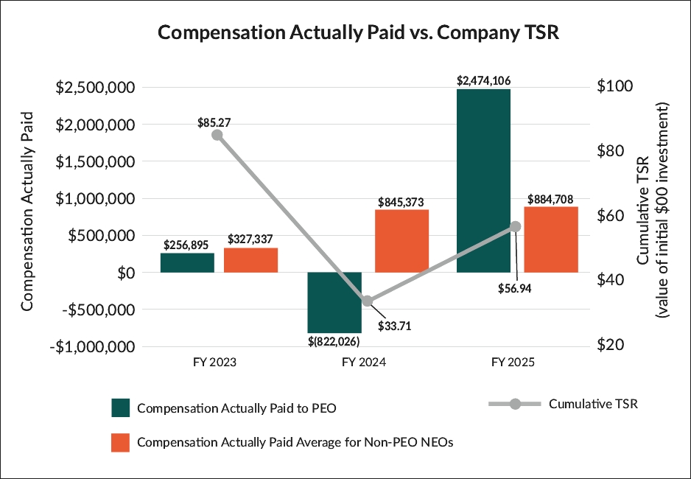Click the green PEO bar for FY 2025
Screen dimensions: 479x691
click(x=483, y=181)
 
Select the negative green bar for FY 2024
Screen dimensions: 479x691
click(x=334, y=302)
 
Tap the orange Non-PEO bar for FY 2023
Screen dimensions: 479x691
click(x=250, y=260)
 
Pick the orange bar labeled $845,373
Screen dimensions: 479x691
click(x=401, y=241)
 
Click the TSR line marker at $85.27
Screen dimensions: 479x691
click(x=217, y=135)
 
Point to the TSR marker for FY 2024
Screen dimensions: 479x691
click(x=368, y=301)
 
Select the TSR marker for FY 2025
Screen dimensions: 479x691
click(x=516, y=226)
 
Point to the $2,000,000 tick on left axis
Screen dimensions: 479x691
click(x=97, y=125)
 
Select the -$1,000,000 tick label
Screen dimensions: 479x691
click(x=93, y=346)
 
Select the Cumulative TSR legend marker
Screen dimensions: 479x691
click(x=516, y=404)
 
